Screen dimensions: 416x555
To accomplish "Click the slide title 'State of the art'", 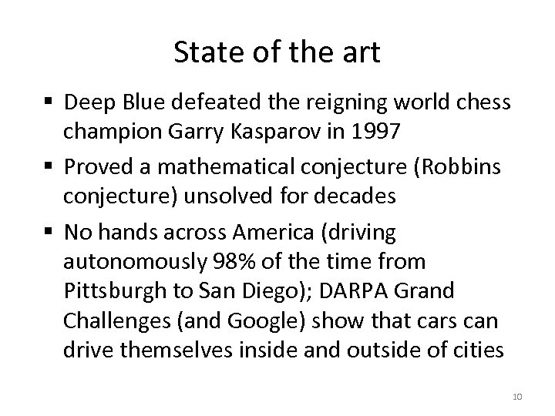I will pos(277,53).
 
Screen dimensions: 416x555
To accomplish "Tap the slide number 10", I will pos(517,396).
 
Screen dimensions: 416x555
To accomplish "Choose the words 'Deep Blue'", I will pos(109,102).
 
